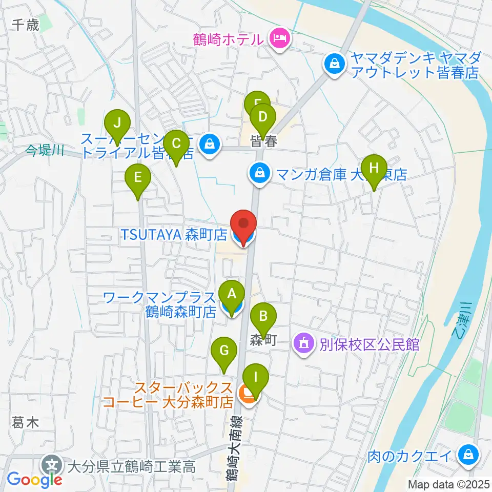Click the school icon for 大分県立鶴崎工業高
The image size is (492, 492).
(x=52, y=466)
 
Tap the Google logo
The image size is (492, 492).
(x=34, y=479)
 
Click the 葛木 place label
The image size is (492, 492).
(x=26, y=423)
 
